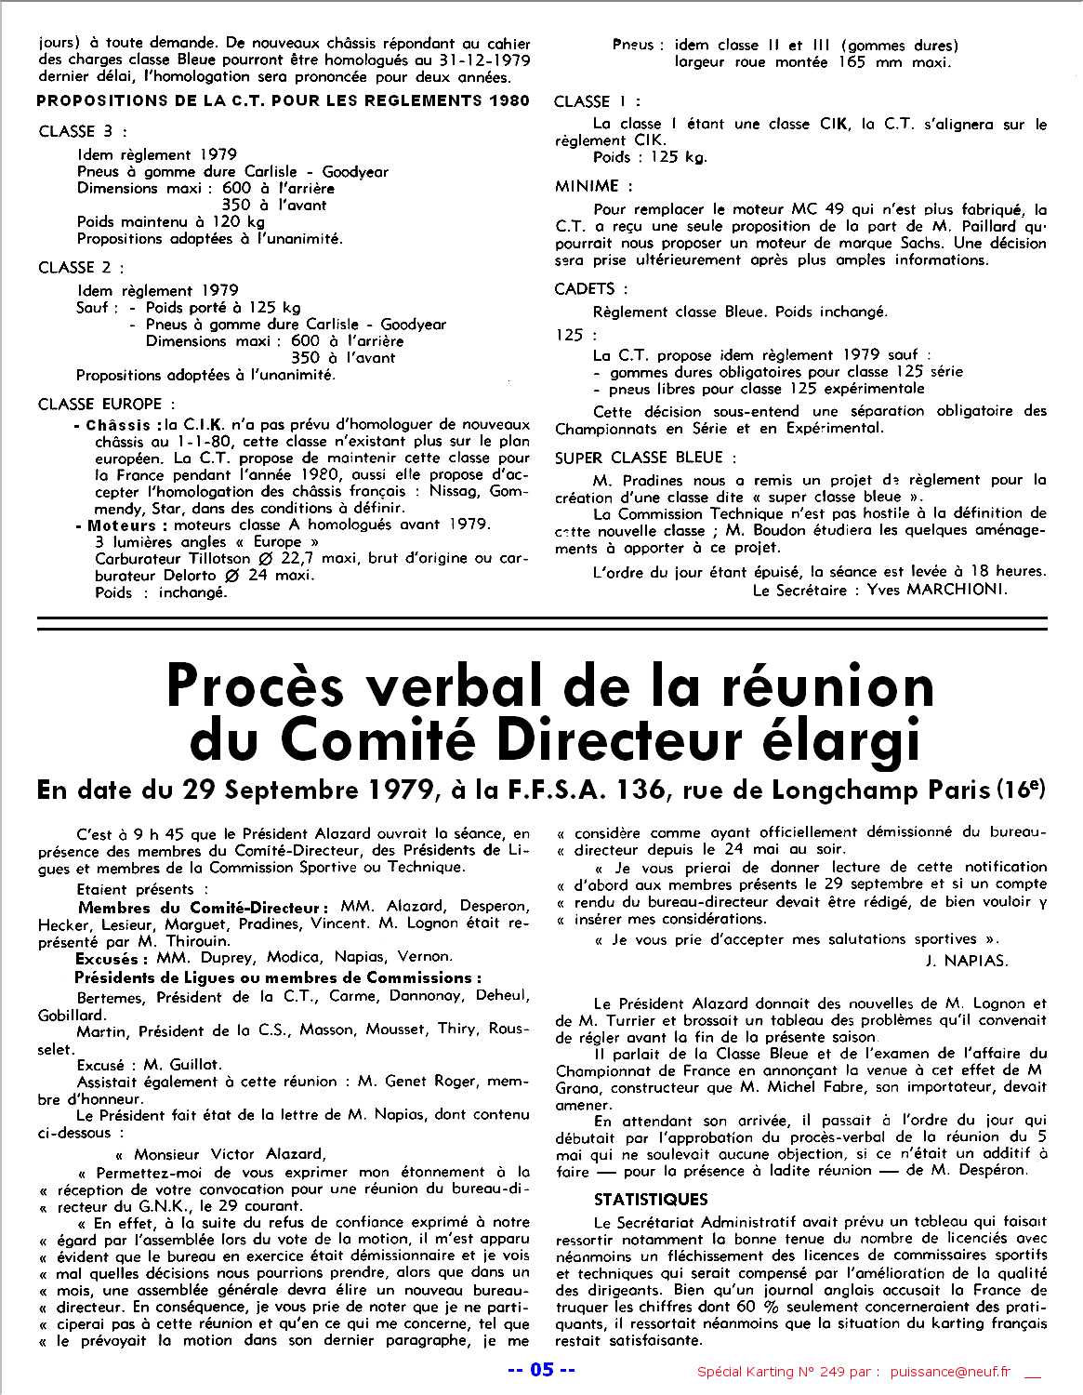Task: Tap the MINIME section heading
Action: click(x=588, y=186)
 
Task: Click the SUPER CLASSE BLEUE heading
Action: click(x=641, y=458)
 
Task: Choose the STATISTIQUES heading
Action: click(x=651, y=1199)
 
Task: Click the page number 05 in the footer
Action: click(x=541, y=1369)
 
